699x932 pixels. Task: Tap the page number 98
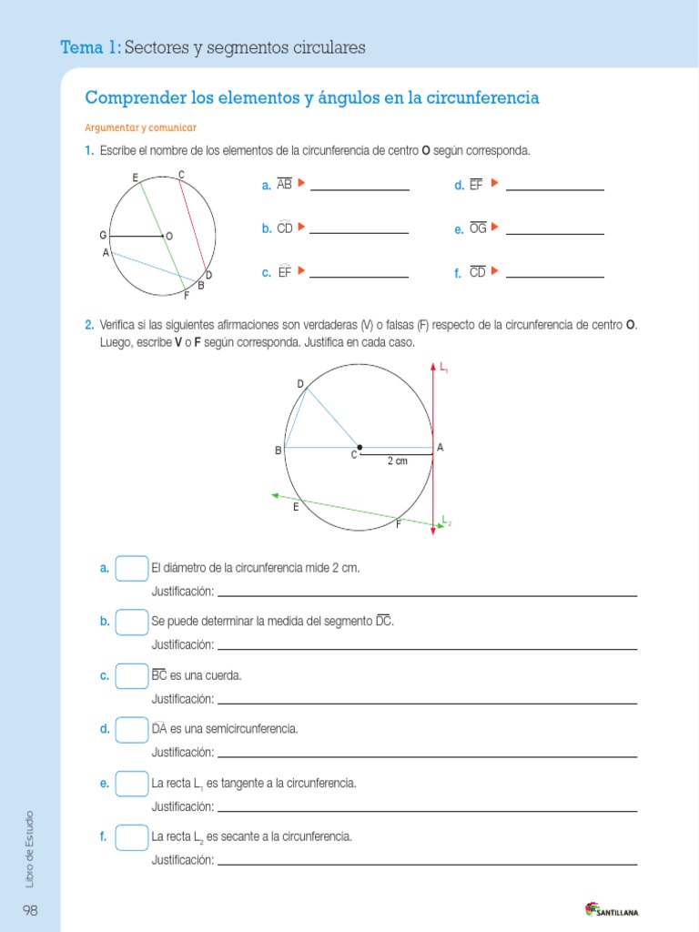(31, 910)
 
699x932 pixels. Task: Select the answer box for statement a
(132, 568)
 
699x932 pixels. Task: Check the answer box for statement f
(132, 836)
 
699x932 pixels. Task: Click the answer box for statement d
(132, 729)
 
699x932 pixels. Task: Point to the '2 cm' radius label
(397, 461)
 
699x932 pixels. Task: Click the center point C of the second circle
(360, 447)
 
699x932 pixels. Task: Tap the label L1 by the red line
(444, 368)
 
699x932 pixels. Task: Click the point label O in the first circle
(169, 237)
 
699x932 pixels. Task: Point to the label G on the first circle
(104, 235)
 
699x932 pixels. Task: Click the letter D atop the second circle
(299, 383)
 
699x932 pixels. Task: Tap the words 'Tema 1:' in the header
(89, 47)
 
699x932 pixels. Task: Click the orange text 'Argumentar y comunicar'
(140, 127)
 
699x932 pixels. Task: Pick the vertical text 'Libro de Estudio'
(30, 848)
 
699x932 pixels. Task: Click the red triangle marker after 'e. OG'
(495, 227)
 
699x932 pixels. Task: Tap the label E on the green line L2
(296, 508)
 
